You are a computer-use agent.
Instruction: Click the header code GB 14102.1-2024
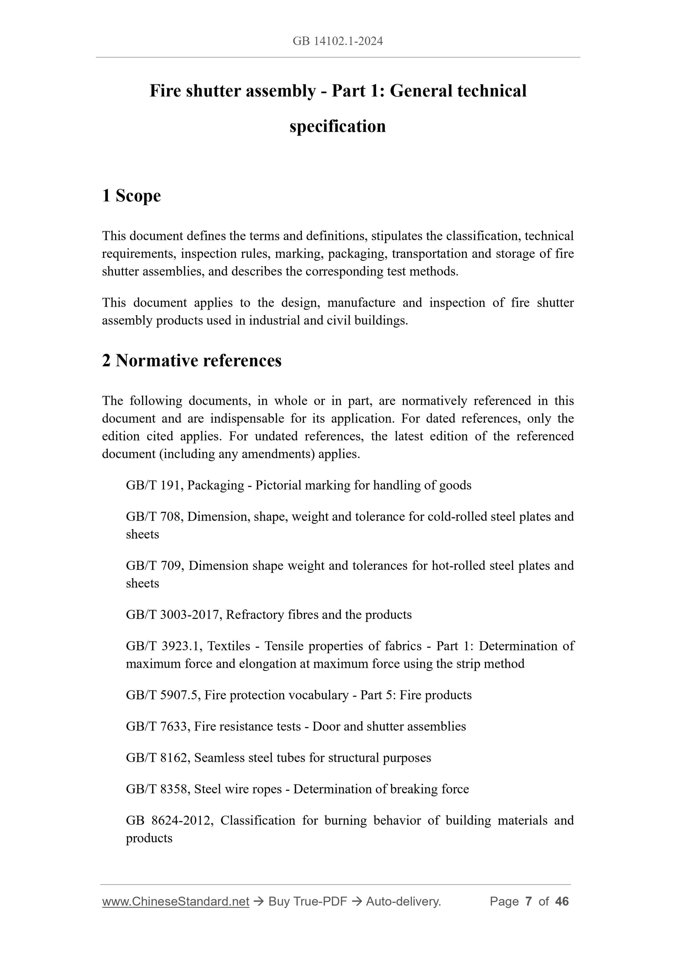pyautogui.click(x=337, y=41)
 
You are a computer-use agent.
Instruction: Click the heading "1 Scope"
pyautogui.click(x=131, y=196)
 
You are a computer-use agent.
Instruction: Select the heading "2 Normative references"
pyautogui.click(x=192, y=360)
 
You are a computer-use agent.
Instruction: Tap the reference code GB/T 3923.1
pyautogui.click(x=163, y=646)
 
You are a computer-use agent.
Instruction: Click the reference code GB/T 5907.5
pyautogui.click(x=163, y=695)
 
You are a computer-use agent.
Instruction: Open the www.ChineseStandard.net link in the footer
pyautogui.click(x=175, y=901)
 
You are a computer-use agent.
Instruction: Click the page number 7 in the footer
pyautogui.click(x=529, y=901)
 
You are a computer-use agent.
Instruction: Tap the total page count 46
pyautogui.click(x=562, y=901)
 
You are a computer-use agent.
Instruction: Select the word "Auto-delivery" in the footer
pyautogui.click(x=403, y=901)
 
